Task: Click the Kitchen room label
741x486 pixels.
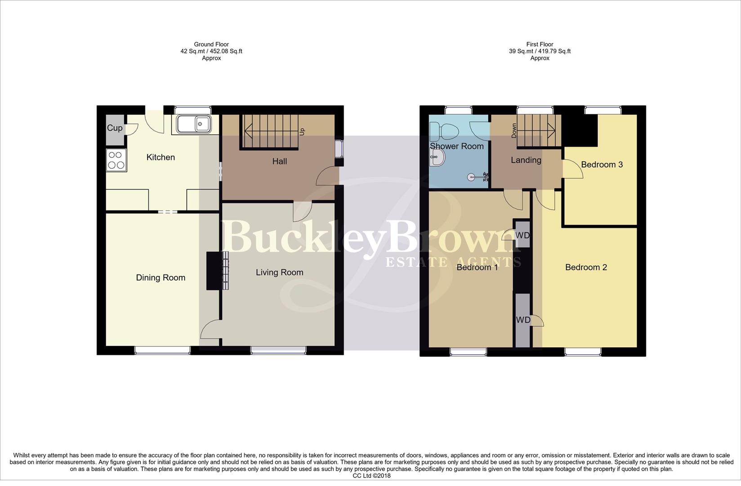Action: [161, 157]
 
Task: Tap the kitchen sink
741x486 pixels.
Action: [194, 124]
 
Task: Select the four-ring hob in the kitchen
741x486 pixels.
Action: [116, 160]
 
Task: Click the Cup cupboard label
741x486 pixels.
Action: [115, 128]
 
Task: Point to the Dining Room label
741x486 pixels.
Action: [161, 278]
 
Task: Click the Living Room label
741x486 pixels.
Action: [279, 273]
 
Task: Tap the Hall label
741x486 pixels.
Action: [279, 162]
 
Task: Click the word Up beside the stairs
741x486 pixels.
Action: [302, 131]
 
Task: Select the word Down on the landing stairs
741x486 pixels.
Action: [514, 130]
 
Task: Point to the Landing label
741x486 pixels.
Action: [526, 160]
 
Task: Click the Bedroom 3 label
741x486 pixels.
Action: [602, 165]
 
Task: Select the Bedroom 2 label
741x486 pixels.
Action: [586, 268]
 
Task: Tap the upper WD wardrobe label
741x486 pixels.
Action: [522, 236]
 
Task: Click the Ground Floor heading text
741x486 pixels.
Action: [211, 45]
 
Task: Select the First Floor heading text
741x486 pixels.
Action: [540, 45]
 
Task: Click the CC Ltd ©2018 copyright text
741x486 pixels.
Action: [371, 476]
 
